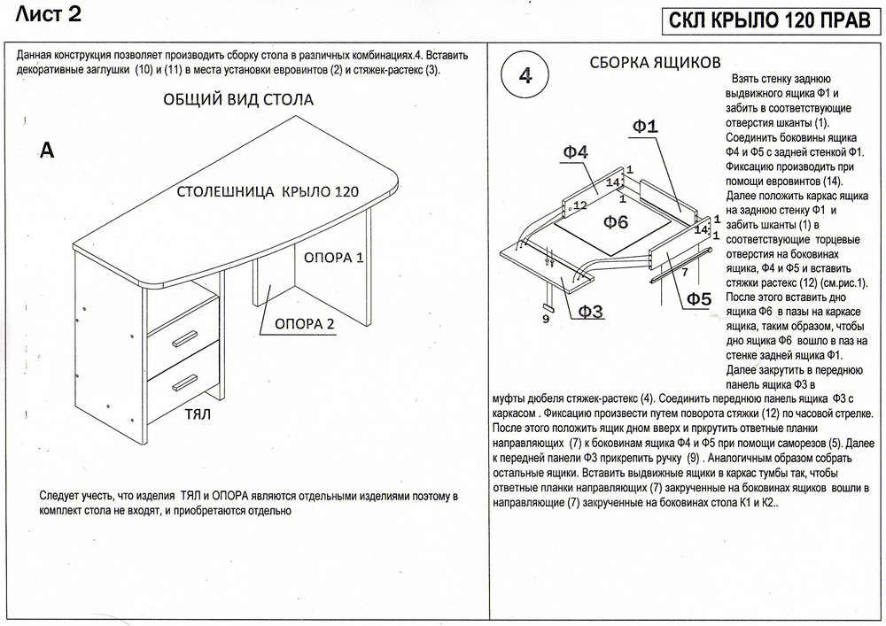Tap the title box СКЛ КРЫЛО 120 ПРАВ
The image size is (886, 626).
tap(768, 21)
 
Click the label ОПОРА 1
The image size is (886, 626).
tap(333, 259)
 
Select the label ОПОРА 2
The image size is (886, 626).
tap(303, 323)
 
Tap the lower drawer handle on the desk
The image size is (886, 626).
tap(186, 381)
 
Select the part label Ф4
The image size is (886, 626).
tap(575, 152)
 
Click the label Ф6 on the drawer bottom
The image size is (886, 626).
tap(609, 221)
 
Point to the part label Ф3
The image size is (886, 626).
tap(591, 310)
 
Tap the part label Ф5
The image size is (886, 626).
tap(698, 299)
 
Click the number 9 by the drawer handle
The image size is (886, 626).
tap(545, 319)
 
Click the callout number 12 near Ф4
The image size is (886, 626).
tap(580, 205)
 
